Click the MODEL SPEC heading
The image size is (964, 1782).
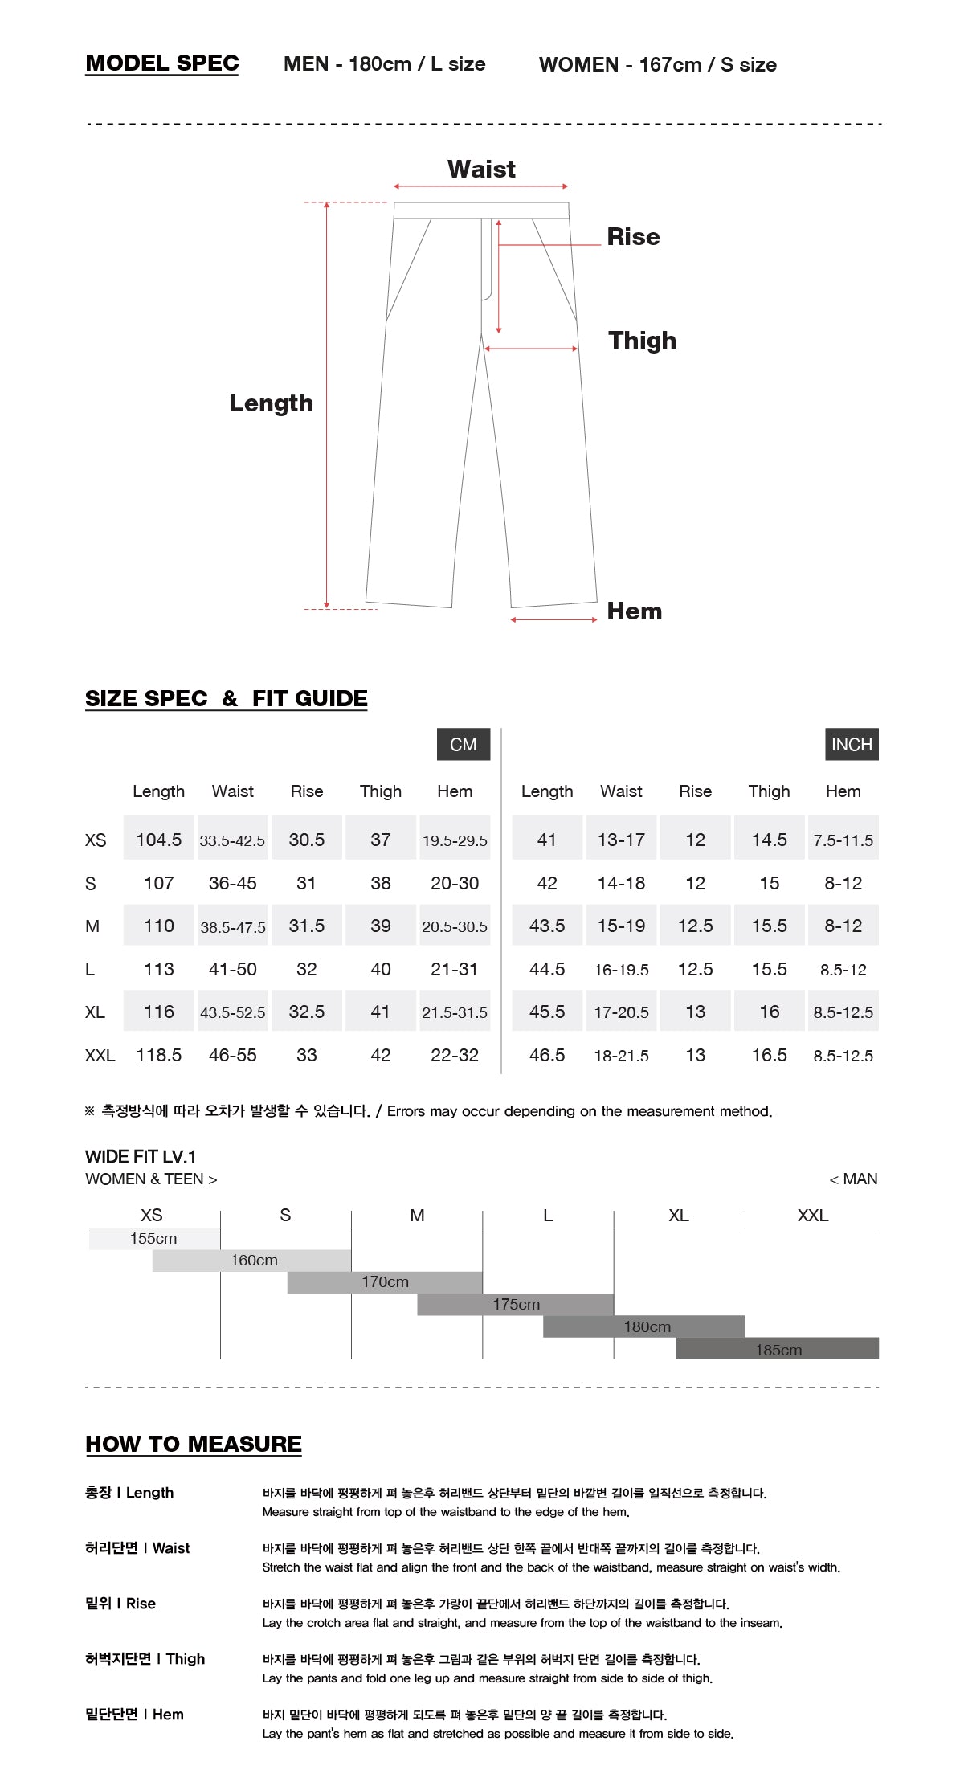[161, 63]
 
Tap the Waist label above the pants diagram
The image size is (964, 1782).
[481, 170]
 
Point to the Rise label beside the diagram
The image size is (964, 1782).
[633, 237]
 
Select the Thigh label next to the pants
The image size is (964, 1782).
[642, 341]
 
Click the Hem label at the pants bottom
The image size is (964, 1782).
[634, 611]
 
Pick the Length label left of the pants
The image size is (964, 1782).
[271, 403]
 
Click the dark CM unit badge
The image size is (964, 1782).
[463, 744]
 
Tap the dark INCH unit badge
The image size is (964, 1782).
[851, 744]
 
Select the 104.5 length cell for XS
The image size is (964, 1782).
[158, 840]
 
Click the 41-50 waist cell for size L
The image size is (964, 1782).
[232, 969]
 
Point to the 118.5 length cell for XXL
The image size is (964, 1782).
[158, 1055]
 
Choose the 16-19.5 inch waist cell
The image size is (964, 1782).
[621, 970]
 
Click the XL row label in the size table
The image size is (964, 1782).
[95, 1012]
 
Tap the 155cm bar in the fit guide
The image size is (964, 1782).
[153, 1239]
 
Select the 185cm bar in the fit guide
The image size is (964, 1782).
[778, 1350]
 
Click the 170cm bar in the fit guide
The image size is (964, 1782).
[385, 1282]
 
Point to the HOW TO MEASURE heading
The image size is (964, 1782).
[194, 1444]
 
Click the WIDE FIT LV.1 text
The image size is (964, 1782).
[141, 1157]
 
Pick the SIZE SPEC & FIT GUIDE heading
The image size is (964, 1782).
[226, 698]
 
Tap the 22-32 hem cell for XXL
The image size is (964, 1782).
[454, 1055]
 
